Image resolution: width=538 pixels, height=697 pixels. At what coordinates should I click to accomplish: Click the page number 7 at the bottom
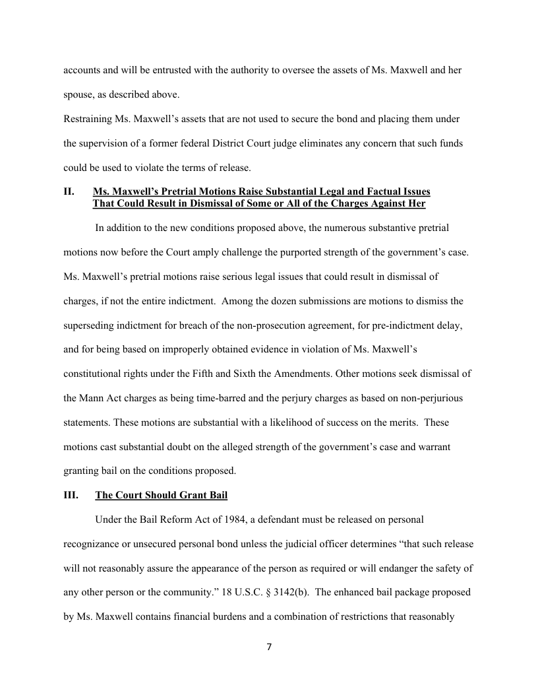point(268,647)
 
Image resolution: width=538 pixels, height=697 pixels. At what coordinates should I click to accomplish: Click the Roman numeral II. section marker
point(68,192)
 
